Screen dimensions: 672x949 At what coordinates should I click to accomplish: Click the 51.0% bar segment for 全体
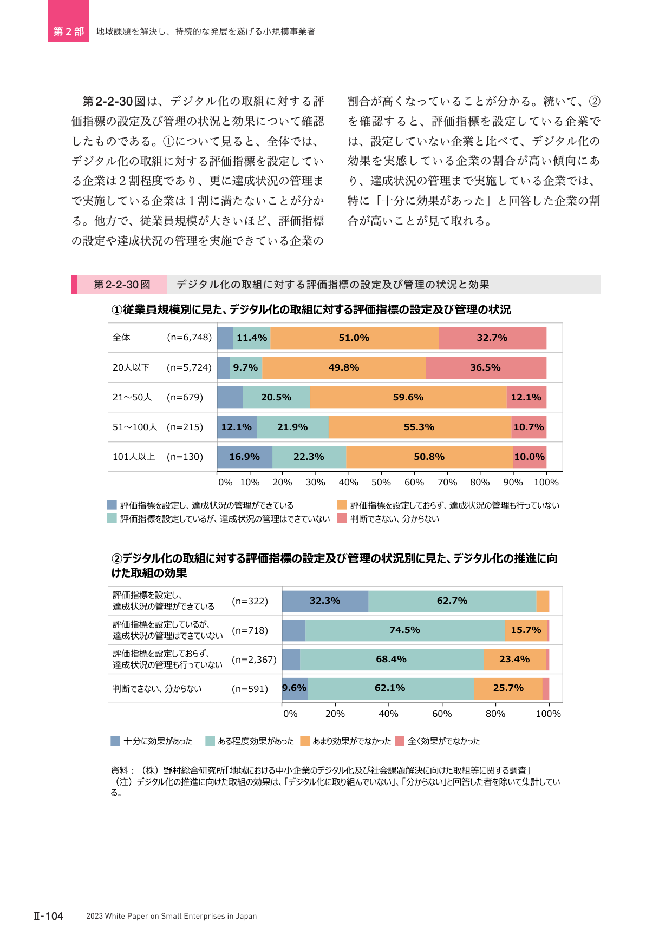pos(355,338)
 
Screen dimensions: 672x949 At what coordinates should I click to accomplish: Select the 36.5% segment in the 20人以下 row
pos(486,367)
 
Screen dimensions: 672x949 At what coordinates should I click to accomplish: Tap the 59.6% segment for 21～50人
pos(409,397)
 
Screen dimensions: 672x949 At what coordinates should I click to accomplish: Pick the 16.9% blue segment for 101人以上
pos(245,457)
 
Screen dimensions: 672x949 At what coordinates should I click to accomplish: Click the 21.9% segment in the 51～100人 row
pos(293,427)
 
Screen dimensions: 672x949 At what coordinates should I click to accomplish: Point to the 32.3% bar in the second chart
pos(325,601)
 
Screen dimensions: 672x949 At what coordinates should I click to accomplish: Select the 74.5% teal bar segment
pos(405,630)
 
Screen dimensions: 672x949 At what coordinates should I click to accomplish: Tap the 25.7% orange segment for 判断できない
pos(508,688)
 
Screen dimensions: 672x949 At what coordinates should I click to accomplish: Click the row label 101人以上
pos(134,457)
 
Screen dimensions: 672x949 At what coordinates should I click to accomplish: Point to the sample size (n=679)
pos(185,397)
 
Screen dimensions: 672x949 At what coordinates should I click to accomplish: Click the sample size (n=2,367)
pos(254,660)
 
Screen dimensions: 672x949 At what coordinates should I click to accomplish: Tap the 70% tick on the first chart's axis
pos(447,482)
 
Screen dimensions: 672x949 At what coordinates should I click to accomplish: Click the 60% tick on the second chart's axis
pos(442,714)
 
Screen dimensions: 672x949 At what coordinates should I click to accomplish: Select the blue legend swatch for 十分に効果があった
pos(115,741)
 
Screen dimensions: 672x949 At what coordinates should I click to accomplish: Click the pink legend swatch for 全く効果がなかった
pos(400,741)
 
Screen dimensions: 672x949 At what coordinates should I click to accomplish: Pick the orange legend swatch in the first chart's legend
pos(342,505)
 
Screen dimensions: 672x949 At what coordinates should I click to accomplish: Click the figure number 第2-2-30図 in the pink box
pos(122,285)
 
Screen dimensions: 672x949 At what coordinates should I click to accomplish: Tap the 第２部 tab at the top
pos(69,31)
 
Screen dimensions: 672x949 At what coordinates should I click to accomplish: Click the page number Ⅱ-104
pos(48,916)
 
